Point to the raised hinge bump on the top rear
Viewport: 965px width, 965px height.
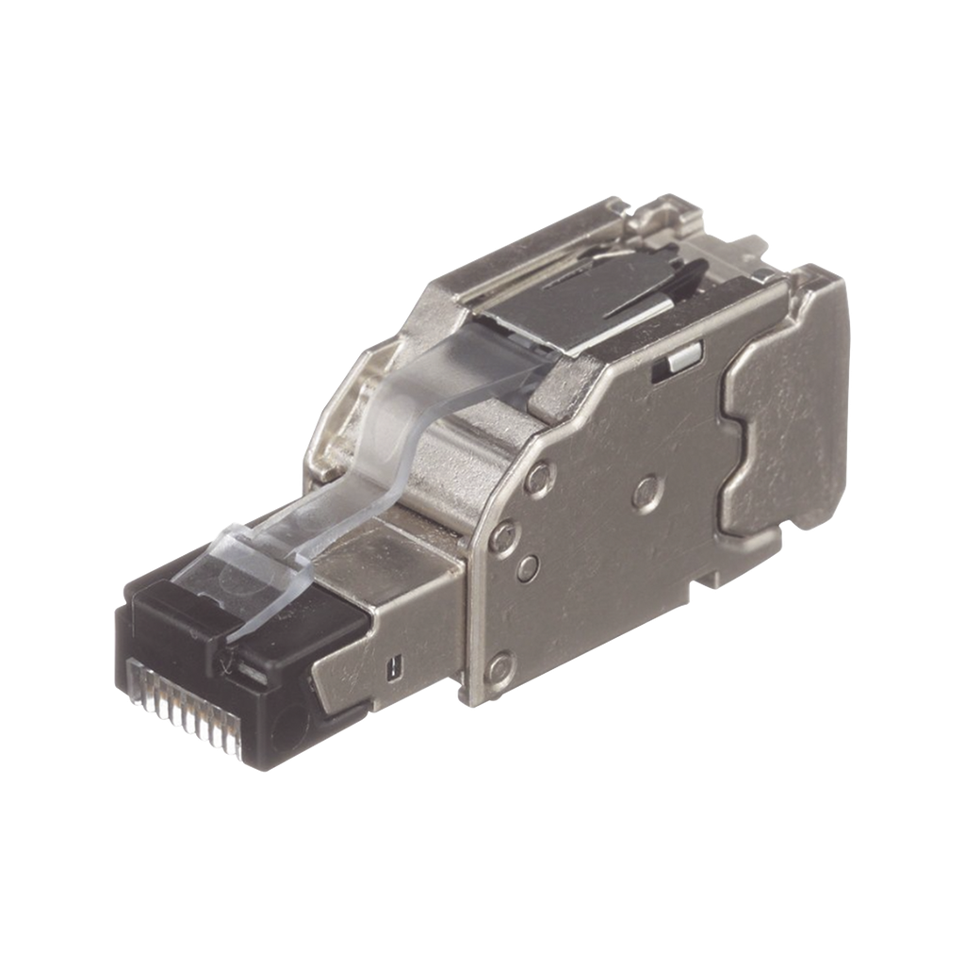click(x=674, y=211)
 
